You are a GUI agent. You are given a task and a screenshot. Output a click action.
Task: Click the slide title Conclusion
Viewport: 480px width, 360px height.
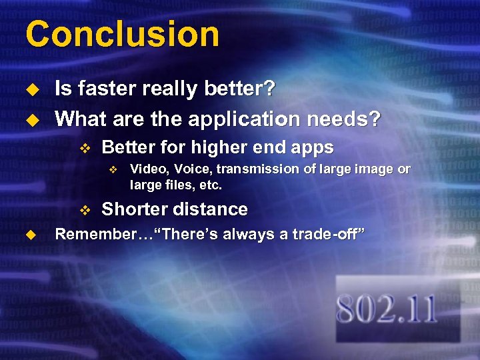(x=122, y=34)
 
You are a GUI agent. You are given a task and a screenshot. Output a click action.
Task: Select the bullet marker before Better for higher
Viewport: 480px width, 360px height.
(x=83, y=148)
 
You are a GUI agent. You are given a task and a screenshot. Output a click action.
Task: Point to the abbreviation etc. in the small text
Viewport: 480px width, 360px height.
(x=210, y=185)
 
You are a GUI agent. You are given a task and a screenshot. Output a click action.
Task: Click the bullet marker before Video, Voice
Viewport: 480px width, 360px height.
(x=113, y=170)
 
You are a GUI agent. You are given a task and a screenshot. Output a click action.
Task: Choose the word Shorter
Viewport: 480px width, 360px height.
(x=134, y=209)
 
